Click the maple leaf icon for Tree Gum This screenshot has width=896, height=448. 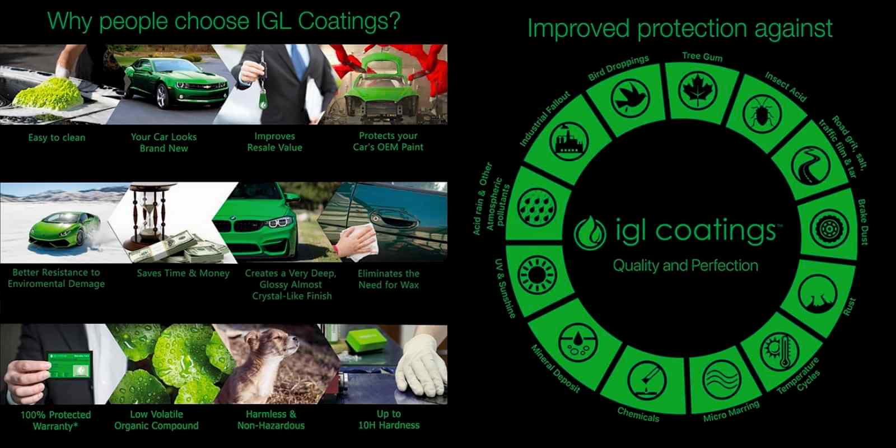698,91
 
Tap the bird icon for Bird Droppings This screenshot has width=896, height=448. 631,99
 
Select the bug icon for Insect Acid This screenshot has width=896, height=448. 762,114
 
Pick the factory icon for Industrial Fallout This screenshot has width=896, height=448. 569,141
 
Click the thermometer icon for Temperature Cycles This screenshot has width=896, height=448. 780,351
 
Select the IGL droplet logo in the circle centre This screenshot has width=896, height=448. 590,233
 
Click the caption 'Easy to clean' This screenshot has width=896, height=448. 57,138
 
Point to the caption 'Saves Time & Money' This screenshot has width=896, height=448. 183,273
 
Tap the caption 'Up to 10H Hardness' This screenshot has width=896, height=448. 389,419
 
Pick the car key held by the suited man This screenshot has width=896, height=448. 263,81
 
